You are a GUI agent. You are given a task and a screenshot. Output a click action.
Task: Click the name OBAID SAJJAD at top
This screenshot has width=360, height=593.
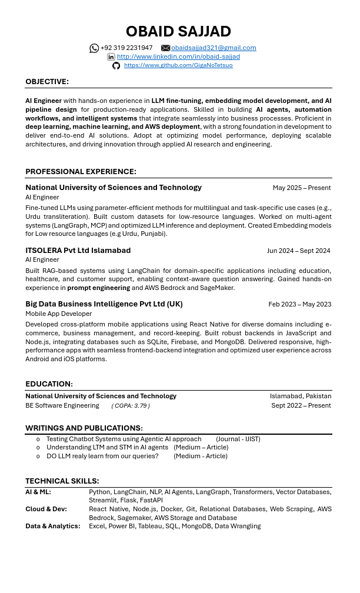178,31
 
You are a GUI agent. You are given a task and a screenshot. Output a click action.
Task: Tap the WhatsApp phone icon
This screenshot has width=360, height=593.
94,48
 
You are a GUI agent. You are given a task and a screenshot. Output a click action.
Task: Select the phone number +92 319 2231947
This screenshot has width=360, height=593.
126,48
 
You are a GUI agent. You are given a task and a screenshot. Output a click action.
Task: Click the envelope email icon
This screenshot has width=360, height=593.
165,48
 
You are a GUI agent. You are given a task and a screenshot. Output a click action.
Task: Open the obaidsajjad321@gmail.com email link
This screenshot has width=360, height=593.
214,48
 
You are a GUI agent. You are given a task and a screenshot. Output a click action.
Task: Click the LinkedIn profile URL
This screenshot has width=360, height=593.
178,57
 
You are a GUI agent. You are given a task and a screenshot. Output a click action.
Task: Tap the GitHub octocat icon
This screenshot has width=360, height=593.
116,65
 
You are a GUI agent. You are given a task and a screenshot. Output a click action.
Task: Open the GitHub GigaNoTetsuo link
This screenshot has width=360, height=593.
178,65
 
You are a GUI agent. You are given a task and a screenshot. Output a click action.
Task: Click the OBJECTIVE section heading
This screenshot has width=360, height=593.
47,82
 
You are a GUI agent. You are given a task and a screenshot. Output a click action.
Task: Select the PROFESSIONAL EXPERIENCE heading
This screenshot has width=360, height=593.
81,172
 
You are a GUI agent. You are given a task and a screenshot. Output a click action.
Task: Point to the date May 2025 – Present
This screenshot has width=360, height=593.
301,188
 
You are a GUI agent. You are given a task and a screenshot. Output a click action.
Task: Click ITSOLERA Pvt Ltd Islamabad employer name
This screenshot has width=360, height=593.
78,251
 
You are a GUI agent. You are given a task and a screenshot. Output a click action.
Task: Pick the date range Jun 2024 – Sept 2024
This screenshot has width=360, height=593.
298,251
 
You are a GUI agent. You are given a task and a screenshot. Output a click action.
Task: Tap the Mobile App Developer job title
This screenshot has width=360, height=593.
58,314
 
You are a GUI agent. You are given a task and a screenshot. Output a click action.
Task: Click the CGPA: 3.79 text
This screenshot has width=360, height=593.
131,406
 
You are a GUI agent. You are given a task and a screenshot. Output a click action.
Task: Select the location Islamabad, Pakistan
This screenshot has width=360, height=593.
300,397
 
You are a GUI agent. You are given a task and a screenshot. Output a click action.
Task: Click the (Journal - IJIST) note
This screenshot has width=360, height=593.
238,439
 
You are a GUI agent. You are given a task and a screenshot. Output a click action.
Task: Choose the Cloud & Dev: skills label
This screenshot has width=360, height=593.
46,509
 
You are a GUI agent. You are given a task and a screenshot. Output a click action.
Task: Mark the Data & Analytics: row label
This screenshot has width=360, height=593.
52,527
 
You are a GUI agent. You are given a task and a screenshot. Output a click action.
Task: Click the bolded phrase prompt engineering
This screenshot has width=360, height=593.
98,288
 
